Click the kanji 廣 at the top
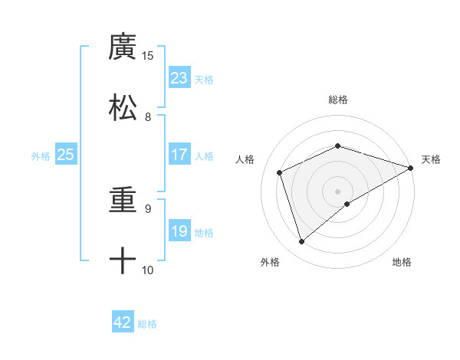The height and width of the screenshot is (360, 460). pos(123,47)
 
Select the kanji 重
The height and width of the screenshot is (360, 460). pos(123,200)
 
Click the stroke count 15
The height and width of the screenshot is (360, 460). pos(148,55)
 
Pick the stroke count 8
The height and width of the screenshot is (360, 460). pos(148,116)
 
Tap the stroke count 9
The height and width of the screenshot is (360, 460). pos(148,208)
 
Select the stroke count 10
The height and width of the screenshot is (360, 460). pos(148,270)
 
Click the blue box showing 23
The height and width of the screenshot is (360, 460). pos(179,78)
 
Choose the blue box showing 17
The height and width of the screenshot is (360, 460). pos(179,155)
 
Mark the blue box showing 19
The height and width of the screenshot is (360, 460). pos(179,231)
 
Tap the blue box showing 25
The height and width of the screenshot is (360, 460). pos(66,155)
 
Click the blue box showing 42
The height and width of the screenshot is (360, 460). pos(123,322)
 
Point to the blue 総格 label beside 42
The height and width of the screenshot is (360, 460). pos(147,324)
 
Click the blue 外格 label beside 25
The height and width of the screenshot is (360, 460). pos(41,156)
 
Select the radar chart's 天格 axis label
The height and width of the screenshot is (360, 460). pos(431,159)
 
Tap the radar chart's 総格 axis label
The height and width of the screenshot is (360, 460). pos(338,100)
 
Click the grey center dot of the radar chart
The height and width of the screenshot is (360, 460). pos(338,191)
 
